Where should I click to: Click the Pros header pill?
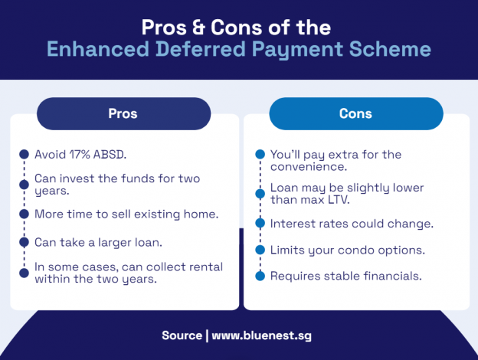tap(123, 113)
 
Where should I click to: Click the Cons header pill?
tap(355, 113)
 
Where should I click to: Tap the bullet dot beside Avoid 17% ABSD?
tap(23, 154)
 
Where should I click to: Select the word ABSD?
tap(108, 154)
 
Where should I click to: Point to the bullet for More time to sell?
tap(23, 214)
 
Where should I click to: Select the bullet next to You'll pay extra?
tap(259, 155)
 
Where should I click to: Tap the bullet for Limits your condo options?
tap(259, 250)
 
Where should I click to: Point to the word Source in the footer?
tap(181, 335)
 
